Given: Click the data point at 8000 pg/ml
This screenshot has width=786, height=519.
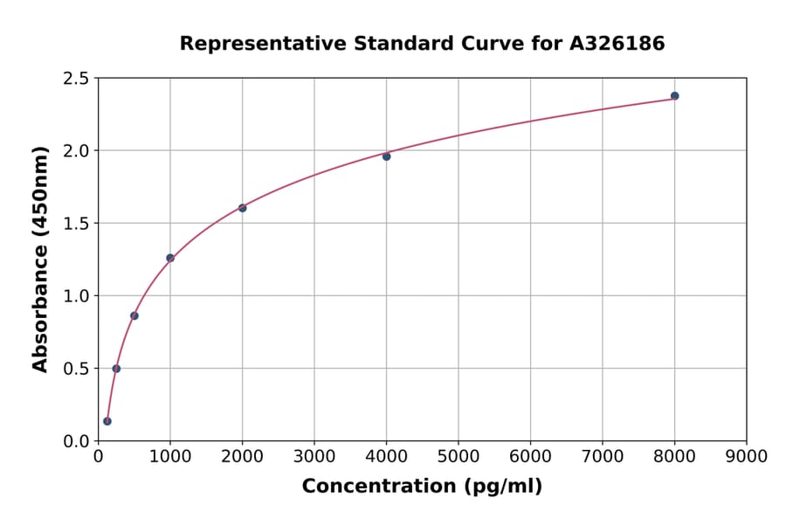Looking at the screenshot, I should pyautogui.click(x=674, y=96).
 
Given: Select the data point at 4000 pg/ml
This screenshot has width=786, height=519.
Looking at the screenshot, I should pyautogui.click(x=386, y=156).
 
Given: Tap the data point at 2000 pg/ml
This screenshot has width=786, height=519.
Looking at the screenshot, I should pyautogui.click(x=242, y=208).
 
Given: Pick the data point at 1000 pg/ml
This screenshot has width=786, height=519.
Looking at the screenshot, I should pyautogui.click(x=170, y=258).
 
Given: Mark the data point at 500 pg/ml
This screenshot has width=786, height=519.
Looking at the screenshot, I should pyautogui.click(x=134, y=315).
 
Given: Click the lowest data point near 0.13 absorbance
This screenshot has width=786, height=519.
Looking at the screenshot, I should pyautogui.click(x=107, y=421).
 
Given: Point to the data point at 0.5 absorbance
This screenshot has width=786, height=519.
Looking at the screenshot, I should pyautogui.click(x=116, y=369).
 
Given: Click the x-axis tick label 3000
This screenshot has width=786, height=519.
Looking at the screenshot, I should pyautogui.click(x=314, y=457).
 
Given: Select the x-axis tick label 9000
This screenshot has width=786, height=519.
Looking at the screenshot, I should pyautogui.click(x=746, y=457).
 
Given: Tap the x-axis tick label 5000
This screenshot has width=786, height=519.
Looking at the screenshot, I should pyautogui.click(x=458, y=457).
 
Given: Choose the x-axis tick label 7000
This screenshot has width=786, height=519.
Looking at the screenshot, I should pyautogui.click(x=602, y=457).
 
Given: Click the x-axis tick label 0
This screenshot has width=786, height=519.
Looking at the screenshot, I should pyautogui.click(x=98, y=457).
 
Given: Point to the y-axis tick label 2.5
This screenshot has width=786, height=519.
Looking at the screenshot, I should pyautogui.click(x=76, y=79).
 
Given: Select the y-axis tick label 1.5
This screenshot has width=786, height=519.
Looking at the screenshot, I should pyautogui.click(x=76, y=224).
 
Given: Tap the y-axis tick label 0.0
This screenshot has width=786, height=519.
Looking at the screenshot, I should pyautogui.click(x=76, y=441).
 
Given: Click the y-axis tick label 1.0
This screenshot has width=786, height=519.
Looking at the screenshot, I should pyautogui.click(x=76, y=296).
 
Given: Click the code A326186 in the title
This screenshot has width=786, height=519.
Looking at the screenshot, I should pyautogui.click(x=617, y=44).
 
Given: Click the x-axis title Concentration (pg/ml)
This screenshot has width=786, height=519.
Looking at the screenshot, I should pyautogui.click(x=422, y=487).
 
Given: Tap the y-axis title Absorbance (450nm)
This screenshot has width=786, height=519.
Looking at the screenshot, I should pyautogui.click(x=40, y=259).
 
